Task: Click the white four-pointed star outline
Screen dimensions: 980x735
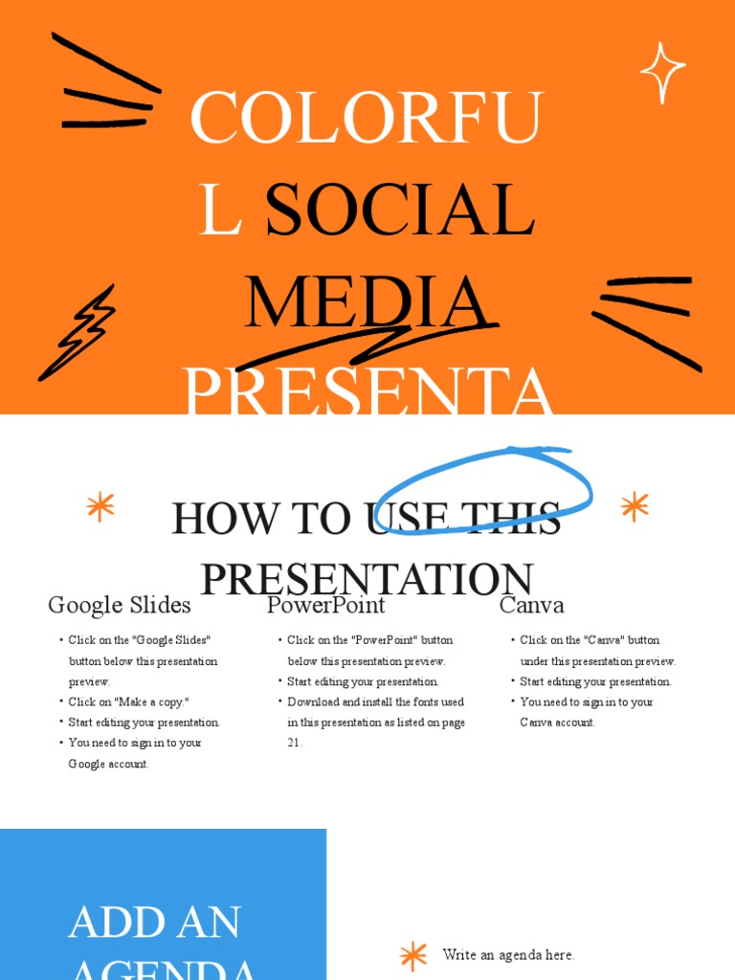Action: (662, 72)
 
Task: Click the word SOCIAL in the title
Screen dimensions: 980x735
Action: (399, 211)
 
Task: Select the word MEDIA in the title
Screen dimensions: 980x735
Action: (367, 302)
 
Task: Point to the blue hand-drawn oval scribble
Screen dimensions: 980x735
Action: (484, 490)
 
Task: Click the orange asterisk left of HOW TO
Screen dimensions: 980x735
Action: (100, 506)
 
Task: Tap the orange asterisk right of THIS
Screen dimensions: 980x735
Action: (635, 506)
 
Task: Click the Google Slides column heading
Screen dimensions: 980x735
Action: (120, 605)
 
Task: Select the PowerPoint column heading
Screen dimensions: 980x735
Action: (326, 605)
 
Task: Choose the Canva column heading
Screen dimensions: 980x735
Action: (532, 605)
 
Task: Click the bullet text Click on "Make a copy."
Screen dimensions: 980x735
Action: (129, 702)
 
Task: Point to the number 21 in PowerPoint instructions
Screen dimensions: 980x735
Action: (295, 743)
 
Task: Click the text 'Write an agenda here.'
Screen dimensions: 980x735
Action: (508, 955)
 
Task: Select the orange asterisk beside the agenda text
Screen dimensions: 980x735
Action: (413, 955)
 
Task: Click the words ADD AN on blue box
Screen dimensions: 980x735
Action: (155, 922)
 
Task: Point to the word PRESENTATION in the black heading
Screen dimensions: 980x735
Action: (367, 579)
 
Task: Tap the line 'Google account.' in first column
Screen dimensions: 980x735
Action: (109, 764)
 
